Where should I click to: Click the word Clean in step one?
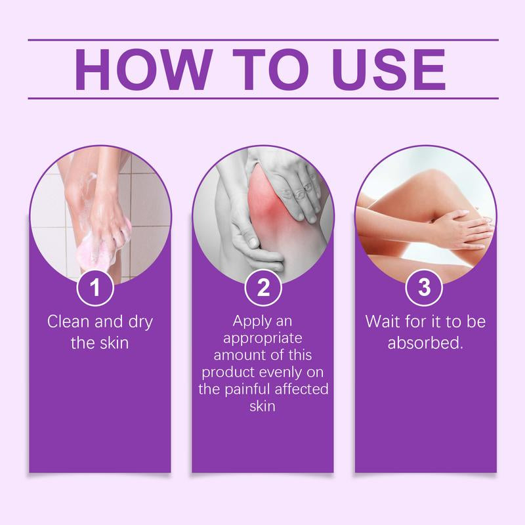point(67,322)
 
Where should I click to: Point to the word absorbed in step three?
point(423,343)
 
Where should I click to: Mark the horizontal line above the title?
point(262,39)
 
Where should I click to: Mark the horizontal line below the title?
point(262,98)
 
